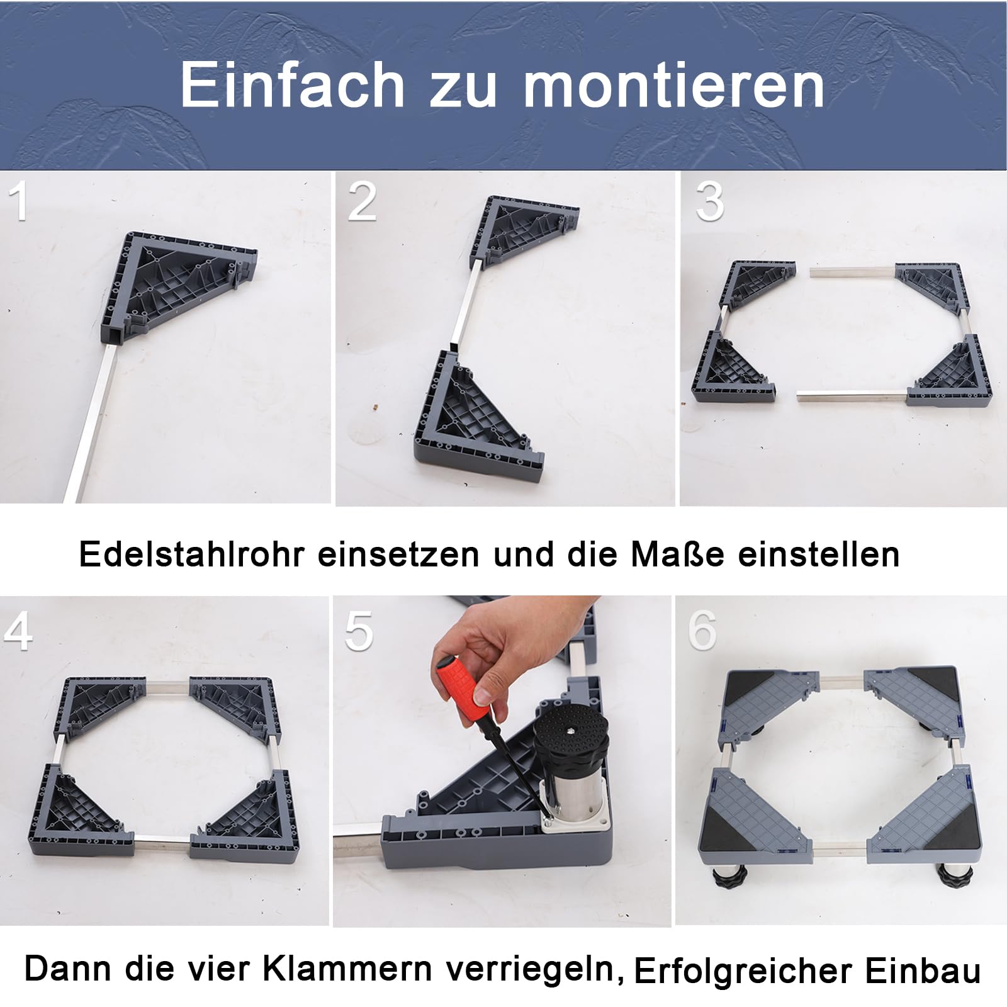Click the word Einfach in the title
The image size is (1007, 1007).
[293, 85]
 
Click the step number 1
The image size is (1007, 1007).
[20, 201]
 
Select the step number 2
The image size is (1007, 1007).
[362, 201]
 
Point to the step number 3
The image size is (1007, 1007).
[710, 201]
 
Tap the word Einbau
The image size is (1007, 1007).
[923, 971]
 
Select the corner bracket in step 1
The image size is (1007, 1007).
[178, 284]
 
